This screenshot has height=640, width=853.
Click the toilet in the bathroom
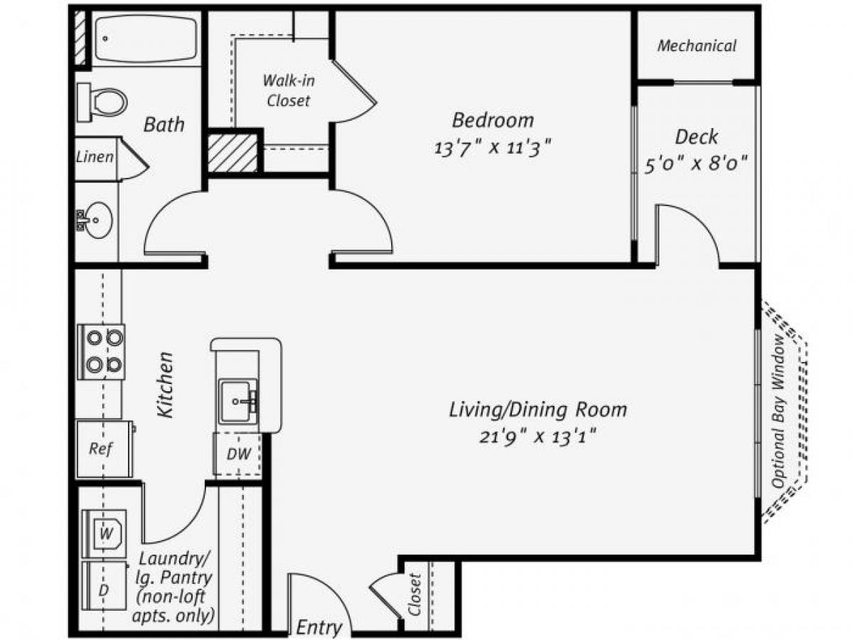(x=103, y=102)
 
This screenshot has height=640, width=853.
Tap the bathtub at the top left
(x=146, y=39)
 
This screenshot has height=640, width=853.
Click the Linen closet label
(x=95, y=156)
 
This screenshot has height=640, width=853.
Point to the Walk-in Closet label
(x=289, y=90)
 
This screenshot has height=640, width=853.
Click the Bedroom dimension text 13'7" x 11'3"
(x=493, y=148)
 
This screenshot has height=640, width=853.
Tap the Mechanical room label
(x=697, y=46)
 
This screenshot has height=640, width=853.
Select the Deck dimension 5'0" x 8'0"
(x=696, y=164)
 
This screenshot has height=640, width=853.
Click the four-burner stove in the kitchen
(x=101, y=351)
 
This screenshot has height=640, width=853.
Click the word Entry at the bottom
(x=318, y=627)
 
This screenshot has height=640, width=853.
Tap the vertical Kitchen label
(x=166, y=385)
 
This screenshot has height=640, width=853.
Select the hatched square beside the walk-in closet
(x=232, y=151)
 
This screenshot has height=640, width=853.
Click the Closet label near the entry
(x=416, y=594)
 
